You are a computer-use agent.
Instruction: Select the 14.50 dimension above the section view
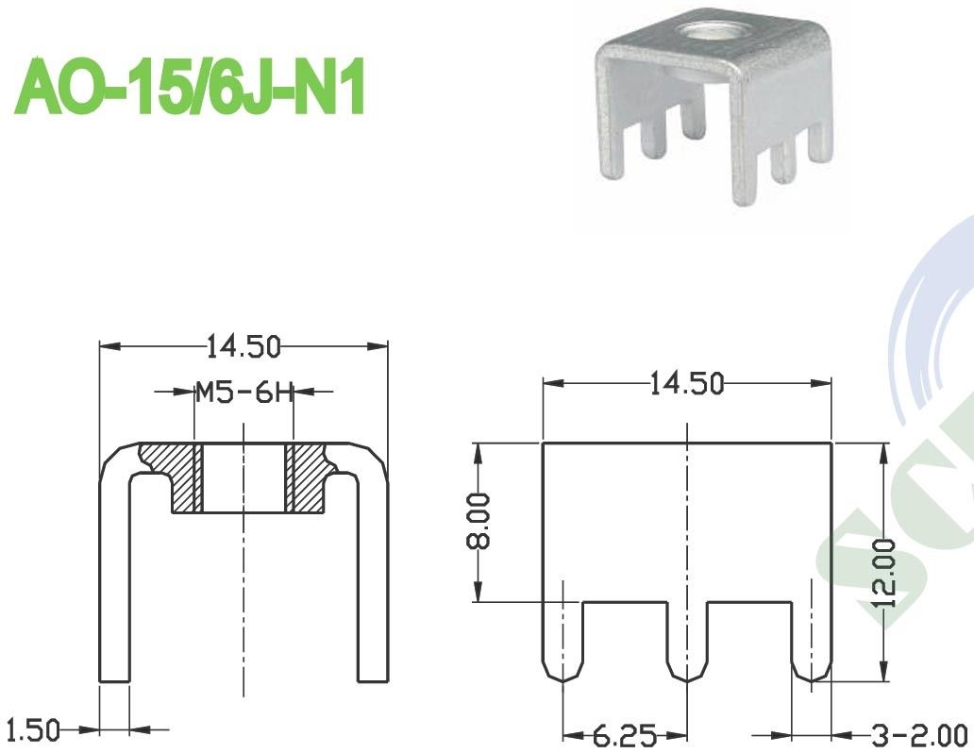244,346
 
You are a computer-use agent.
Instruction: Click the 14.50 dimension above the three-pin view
686,383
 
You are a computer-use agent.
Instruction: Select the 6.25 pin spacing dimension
625,734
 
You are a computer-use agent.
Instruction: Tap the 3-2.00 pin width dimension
907,734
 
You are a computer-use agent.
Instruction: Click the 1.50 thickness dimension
31,728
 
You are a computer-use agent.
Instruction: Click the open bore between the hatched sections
244,477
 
